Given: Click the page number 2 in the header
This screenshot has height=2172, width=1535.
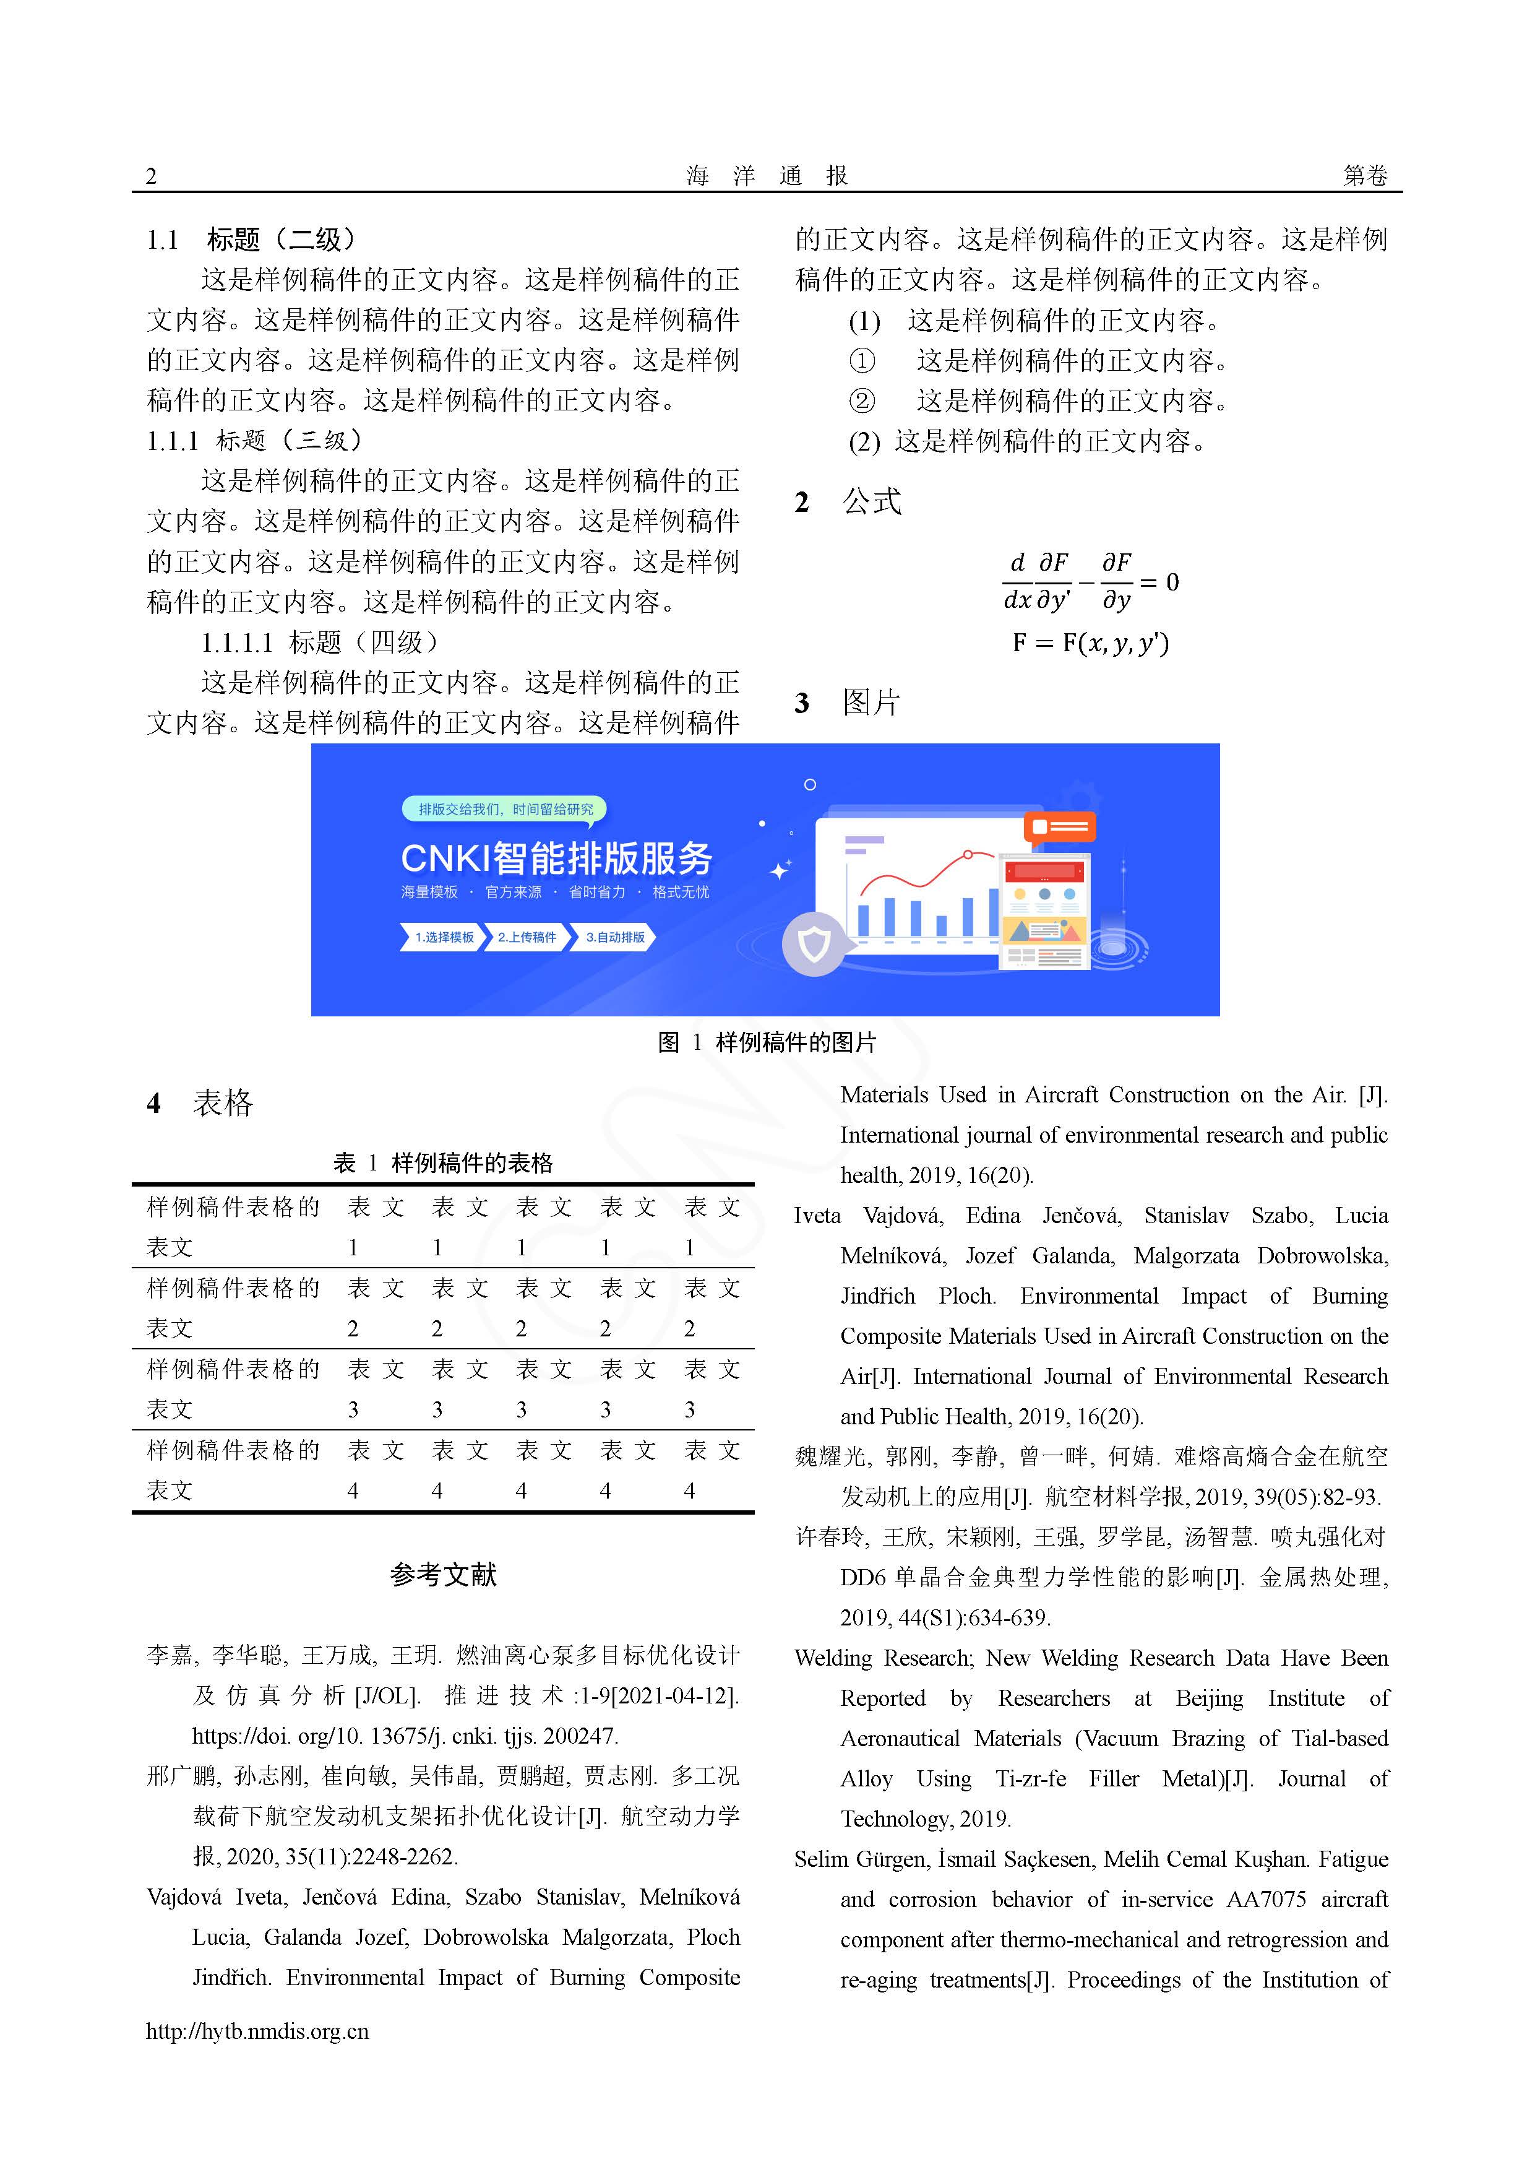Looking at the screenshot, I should [152, 176].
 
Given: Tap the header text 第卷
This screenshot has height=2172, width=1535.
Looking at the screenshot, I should [1365, 176].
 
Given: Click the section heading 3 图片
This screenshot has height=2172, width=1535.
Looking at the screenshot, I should [848, 703].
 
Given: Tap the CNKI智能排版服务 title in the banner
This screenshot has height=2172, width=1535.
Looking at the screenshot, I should [556, 858].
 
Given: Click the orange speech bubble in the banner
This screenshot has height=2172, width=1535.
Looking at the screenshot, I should [1059, 828].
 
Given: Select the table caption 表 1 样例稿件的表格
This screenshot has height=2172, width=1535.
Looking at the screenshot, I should [442, 1162].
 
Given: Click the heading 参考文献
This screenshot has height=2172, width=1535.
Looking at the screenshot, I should [442, 1575].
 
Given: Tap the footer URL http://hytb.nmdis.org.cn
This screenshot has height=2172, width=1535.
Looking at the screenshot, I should [257, 2031].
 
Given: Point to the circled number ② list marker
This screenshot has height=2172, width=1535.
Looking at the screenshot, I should [862, 401].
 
